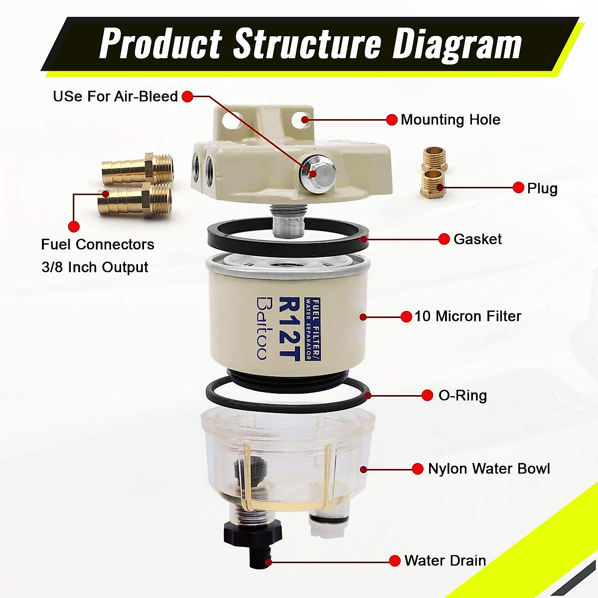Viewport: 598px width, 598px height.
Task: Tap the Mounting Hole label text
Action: (450, 120)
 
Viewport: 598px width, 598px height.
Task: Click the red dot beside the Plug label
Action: (518, 188)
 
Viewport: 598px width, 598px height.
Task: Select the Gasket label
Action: (477, 239)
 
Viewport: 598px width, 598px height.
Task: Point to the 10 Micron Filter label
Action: (467, 316)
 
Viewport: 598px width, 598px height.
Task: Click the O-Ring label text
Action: (462, 396)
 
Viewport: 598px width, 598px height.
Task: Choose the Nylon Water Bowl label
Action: (489, 469)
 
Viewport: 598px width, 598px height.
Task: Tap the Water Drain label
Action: (445, 561)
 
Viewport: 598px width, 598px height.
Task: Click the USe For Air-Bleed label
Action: (115, 96)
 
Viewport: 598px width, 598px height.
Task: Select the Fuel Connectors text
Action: (98, 244)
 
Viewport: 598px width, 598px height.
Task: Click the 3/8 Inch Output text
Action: (95, 267)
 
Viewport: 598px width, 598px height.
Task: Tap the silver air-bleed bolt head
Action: (317, 171)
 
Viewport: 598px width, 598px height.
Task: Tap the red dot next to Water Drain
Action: (395, 561)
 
